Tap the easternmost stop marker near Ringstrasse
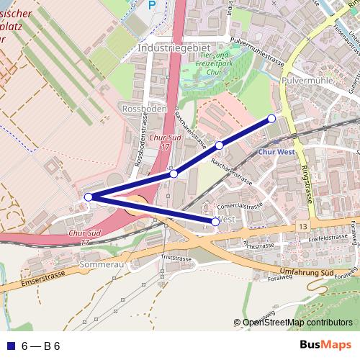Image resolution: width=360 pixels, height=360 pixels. point(271,118)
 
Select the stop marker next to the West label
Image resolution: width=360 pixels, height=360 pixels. point(215,222)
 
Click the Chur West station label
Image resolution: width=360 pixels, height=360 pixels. point(275,153)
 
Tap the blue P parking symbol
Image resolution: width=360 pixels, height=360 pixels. point(152,6)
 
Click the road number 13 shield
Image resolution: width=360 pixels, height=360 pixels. point(300,227)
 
